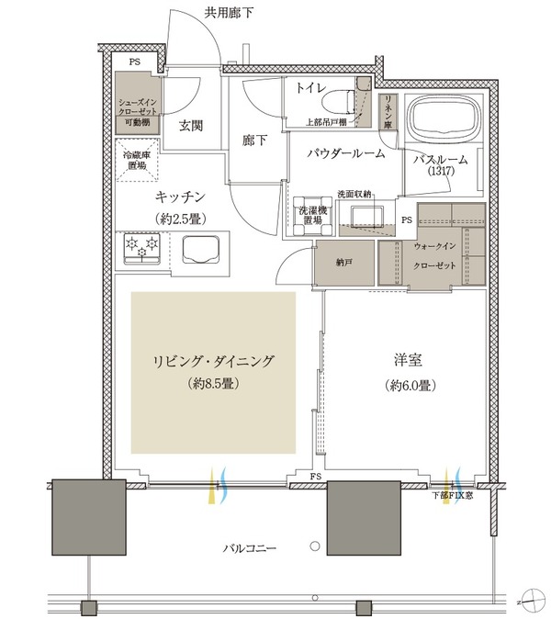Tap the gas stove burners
(x=142, y=248)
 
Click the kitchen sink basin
(x=200, y=249)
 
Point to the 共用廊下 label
(x=229, y=13)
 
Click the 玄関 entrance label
(x=191, y=126)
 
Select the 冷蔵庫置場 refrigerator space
(x=137, y=160)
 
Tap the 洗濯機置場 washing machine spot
(x=313, y=216)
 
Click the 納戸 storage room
(x=344, y=263)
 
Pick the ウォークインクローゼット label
(x=434, y=256)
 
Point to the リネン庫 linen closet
(x=388, y=112)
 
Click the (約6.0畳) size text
(x=410, y=386)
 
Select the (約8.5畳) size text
(x=214, y=383)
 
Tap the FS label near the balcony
(x=316, y=477)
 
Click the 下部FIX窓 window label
(x=453, y=495)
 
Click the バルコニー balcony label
(x=250, y=548)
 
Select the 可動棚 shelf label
(x=138, y=123)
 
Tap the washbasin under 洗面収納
(x=367, y=216)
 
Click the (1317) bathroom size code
(x=441, y=172)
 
